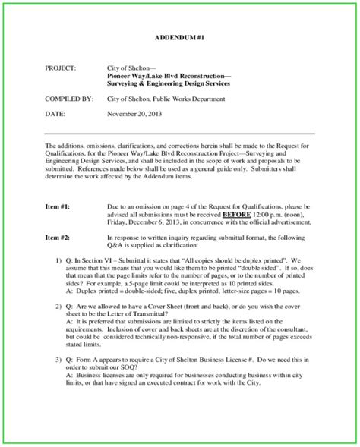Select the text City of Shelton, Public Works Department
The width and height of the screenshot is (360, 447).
pyautogui.click(x=176, y=99)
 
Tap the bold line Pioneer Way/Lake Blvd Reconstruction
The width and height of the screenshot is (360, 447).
pyautogui.click(x=169, y=76)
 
